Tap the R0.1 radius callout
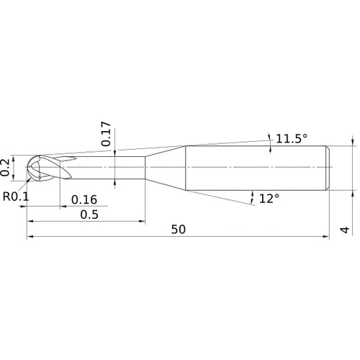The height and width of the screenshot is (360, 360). (17, 197)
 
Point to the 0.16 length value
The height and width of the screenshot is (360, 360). (84, 199)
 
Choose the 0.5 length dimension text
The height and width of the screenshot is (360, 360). (89, 215)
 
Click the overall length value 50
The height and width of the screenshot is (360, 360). (179, 230)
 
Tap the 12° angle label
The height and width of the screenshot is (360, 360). (269, 197)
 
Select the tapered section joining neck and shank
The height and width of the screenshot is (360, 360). (166, 167)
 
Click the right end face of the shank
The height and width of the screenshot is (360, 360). (329, 167)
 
